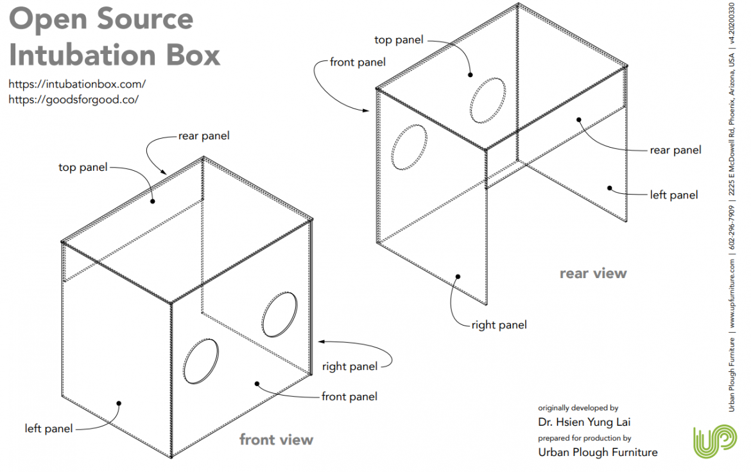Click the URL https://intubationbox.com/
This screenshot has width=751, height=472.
(x=77, y=83)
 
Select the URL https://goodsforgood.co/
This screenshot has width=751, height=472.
(x=74, y=100)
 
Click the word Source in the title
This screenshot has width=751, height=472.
(x=146, y=19)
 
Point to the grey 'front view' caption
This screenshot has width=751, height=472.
(x=276, y=440)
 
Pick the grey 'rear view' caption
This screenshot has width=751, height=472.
(x=592, y=274)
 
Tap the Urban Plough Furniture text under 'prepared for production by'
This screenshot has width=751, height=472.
(x=598, y=452)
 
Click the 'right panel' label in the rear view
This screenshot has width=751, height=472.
(x=499, y=325)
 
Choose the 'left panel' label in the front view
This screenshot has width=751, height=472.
(x=49, y=428)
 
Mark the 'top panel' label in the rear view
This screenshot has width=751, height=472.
(x=399, y=40)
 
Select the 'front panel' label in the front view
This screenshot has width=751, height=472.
(x=349, y=396)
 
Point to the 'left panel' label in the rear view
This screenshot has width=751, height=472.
(x=673, y=195)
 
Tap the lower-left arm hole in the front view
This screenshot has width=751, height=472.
(x=201, y=362)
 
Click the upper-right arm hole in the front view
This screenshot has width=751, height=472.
(x=280, y=314)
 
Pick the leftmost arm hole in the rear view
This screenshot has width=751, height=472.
(x=409, y=147)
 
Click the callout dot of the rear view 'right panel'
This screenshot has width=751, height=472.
(x=458, y=277)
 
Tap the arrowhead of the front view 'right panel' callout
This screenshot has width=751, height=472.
(x=321, y=341)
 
